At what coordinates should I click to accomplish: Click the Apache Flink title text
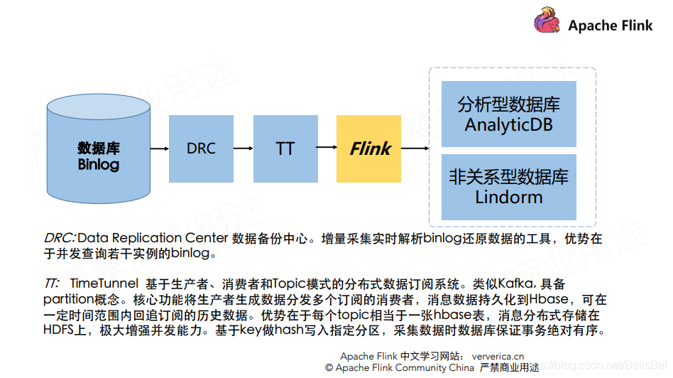pyautogui.click(x=610, y=26)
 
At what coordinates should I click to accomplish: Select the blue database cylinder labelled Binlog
pyautogui.click(x=99, y=149)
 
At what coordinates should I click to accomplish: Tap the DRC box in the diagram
pyautogui.click(x=201, y=148)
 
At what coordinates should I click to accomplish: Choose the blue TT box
pyautogui.click(x=285, y=148)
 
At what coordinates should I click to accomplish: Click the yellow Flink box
pyautogui.click(x=369, y=148)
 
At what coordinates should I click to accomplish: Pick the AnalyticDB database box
pyautogui.click(x=508, y=114)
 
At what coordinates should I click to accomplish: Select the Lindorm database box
pyautogui.click(x=508, y=186)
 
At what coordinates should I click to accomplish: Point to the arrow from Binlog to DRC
pyautogui.click(x=160, y=148)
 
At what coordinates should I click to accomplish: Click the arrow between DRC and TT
pyautogui.click(x=243, y=148)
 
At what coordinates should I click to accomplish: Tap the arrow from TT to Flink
pyautogui.click(x=326, y=148)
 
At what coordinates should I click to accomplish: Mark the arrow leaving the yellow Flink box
pyautogui.click(x=415, y=148)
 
